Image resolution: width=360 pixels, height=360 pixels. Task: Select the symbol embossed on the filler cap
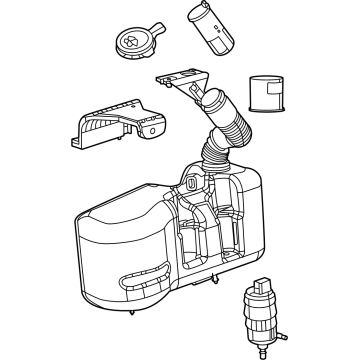pyautogui.click(x=127, y=41)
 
